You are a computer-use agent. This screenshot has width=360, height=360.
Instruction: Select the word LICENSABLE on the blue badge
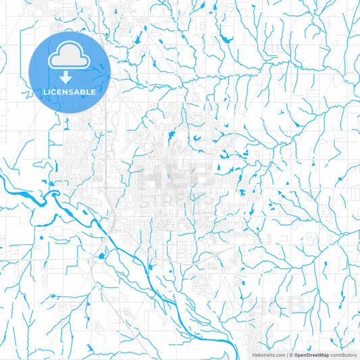pos(70,91)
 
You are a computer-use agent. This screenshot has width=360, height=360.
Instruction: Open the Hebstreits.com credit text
pos(268,354)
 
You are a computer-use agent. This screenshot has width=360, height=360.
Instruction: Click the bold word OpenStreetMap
pos(311,354)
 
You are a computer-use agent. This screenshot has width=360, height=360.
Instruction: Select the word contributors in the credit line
pos(343,354)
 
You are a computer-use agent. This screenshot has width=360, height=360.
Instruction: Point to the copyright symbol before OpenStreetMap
pos(292,354)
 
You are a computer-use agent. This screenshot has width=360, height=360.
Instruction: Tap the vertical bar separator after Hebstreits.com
pos(288,354)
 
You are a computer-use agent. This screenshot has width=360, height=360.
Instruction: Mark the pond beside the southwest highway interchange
pos(100,256)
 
